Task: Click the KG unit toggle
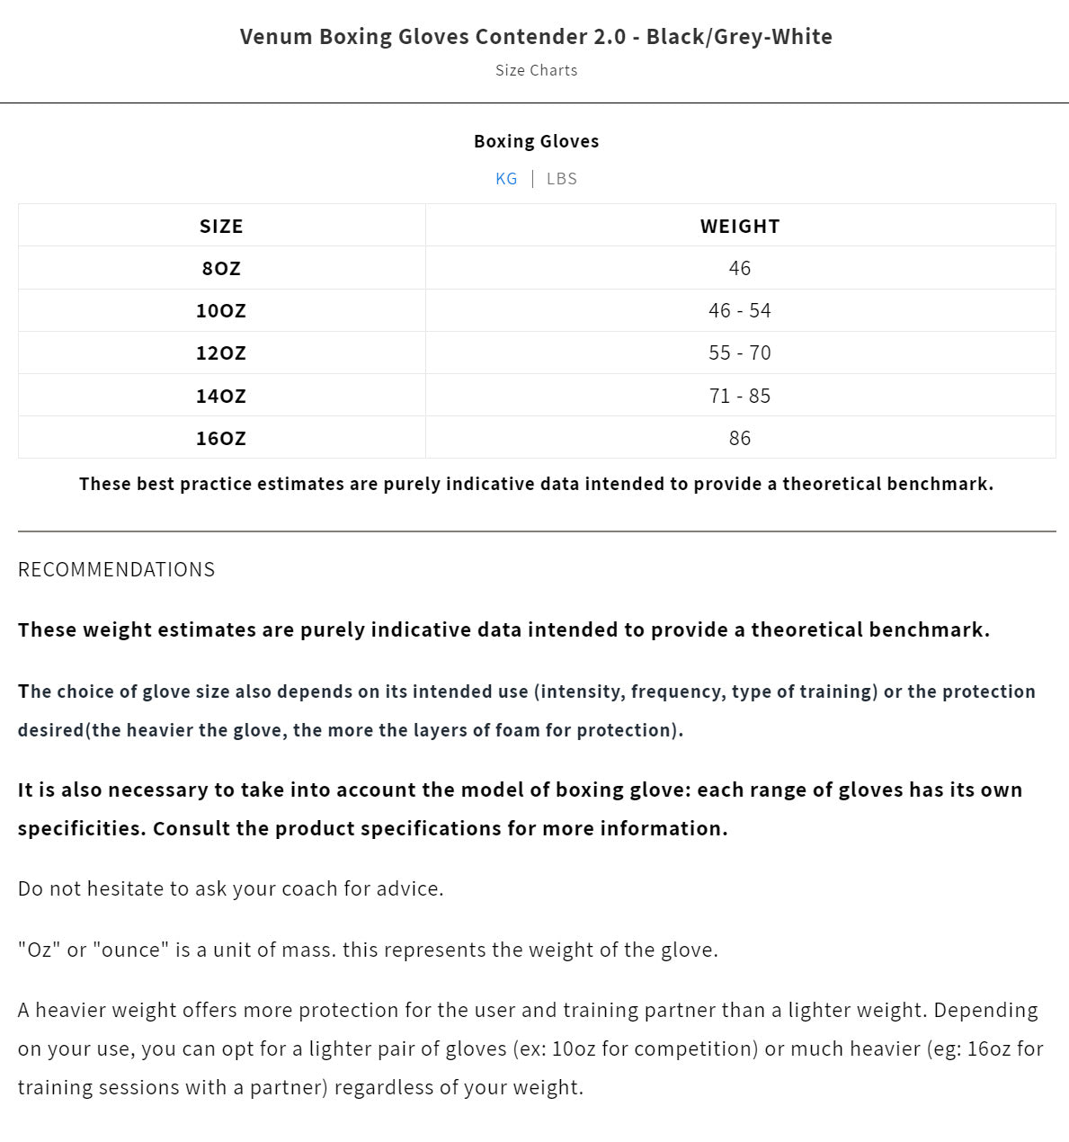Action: click(506, 178)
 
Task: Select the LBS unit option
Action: click(562, 178)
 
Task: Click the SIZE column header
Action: click(221, 226)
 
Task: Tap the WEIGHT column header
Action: click(740, 226)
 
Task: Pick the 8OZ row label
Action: click(221, 268)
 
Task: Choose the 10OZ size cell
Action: click(221, 310)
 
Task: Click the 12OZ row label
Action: click(221, 352)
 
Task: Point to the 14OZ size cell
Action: click(221, 396)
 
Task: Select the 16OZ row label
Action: click(221, 438)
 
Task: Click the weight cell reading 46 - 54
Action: click(740, 310)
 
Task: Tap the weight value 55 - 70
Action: click(740, 352)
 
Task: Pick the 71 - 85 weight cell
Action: click(740, 396)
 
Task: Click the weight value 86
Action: click(740, 438)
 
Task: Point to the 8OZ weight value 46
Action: click(740, 268)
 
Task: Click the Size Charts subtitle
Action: click(536, 70)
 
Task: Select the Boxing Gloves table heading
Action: click(536, 141)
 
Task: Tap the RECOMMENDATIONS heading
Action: click(117, 569)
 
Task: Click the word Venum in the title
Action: click(276, 37)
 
